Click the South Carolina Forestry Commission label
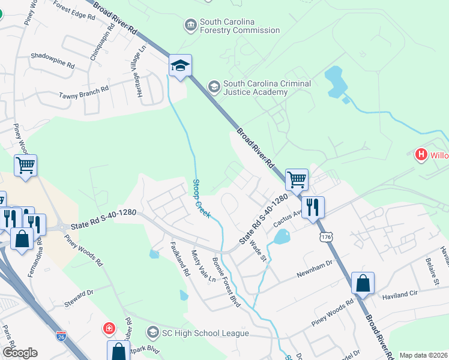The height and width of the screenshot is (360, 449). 240,25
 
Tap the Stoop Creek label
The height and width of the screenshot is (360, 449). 201,198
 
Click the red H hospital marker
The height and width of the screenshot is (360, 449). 421,155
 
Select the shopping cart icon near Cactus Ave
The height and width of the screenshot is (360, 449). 297,179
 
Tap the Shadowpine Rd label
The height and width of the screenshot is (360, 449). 53,58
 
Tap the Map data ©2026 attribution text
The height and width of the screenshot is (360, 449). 423,355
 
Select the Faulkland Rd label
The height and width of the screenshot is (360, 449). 180,258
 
